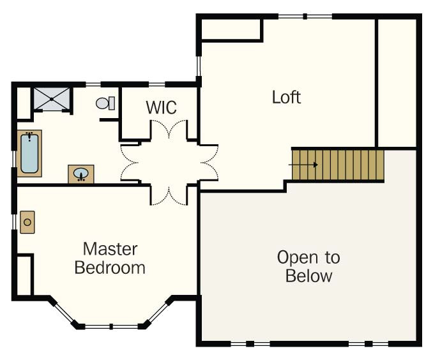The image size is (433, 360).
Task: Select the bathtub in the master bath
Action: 29,153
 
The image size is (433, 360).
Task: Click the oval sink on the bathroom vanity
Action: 81,174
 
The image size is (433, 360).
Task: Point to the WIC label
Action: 161,108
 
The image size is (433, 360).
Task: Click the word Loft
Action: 286,98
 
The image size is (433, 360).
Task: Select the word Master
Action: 110,248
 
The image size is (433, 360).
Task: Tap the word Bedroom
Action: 110,267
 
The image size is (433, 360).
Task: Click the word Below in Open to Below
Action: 308,276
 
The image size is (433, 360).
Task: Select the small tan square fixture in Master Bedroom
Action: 27,222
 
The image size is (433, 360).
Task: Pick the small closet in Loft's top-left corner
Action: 231,31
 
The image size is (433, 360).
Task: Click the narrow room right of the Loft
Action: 397,82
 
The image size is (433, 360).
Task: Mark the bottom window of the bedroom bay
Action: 112,326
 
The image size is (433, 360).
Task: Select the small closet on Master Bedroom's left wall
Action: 24,275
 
